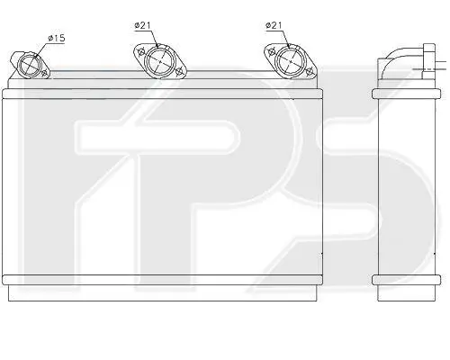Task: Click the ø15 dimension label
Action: tap(57, 39)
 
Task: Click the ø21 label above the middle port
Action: tap(142, 25)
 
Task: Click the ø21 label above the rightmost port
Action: tap(274, 25)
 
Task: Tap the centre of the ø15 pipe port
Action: tap(29, 65)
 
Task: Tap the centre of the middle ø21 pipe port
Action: tap(160, 61)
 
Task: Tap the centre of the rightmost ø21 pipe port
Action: tap(291, 61)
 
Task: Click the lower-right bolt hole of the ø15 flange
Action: tap(45, 73)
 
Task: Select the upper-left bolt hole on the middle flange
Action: tap(140, 52)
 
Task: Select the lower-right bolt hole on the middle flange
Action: tap(179, 71)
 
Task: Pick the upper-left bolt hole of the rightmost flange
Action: tap(272, 52)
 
